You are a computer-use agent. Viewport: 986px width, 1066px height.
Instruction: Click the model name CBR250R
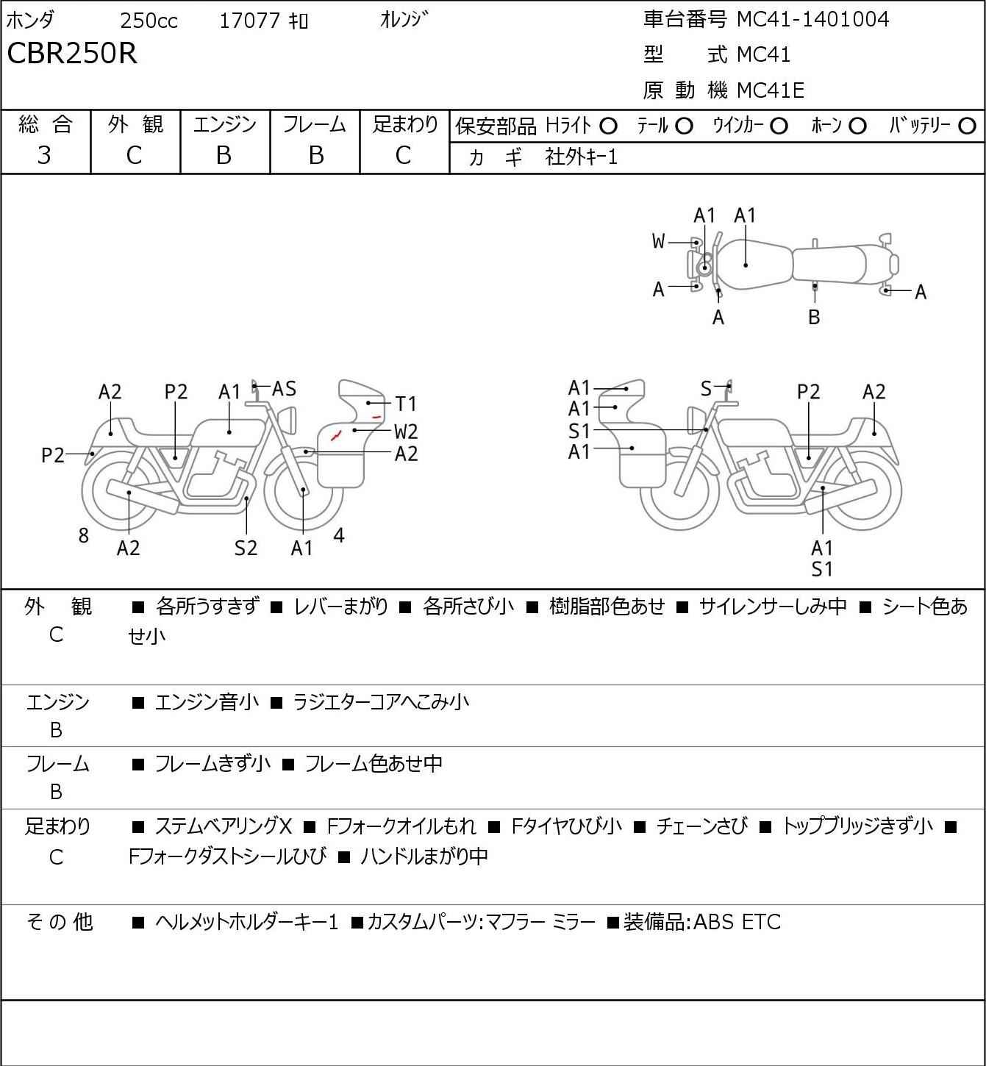point(72,53)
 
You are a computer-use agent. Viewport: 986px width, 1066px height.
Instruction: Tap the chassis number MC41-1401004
point(812,19)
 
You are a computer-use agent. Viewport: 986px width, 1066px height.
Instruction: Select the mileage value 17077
point(250,21)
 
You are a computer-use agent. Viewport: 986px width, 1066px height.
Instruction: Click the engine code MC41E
point(771,90)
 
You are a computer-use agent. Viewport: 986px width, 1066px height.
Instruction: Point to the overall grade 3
point(44,155)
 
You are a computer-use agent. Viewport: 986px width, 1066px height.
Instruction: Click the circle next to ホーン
point(857,126)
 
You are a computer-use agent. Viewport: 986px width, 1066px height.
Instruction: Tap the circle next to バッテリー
point(967,126)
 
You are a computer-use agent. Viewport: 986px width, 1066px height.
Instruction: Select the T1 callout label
point(406,404)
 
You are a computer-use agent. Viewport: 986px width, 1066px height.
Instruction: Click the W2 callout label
point(406,432)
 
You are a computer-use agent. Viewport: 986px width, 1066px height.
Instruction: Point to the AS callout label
point(284,389)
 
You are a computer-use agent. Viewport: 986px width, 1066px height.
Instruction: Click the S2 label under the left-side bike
point(246,548)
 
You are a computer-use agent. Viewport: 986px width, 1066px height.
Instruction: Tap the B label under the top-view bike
point(814,317)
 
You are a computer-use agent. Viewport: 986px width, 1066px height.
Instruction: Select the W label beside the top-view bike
point(658,242)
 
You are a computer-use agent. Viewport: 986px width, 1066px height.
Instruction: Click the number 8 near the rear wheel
point(83,535)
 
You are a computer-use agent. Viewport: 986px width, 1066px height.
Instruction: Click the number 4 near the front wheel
point(339,535)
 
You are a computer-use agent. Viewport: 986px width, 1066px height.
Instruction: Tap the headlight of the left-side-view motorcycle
point(287,420)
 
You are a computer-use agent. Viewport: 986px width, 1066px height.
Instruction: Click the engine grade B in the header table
point(224,155)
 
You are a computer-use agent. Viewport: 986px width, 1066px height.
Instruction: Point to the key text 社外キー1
point(581,157)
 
